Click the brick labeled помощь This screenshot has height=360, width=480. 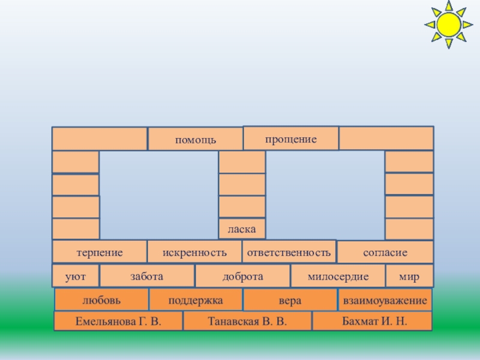(196, 139)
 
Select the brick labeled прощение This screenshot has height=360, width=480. (290, 138)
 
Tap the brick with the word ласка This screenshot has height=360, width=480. (242, 229)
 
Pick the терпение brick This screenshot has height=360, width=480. (100, 252)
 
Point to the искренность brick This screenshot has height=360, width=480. (194, 252)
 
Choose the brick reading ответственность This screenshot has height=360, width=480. (289, 252)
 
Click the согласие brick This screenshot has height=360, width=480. (385, 252)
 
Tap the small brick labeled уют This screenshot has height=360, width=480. (76, 276)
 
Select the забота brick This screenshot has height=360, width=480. (147, 276)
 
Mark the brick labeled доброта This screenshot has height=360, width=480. (242, 276)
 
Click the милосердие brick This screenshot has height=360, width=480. (338, 276)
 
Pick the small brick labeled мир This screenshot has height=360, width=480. (409, 276)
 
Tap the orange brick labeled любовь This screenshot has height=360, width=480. (101, 299)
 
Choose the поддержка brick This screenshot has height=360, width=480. (196, 299)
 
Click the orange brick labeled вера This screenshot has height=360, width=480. (290, 299)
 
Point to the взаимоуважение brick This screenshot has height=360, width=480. (385, 299)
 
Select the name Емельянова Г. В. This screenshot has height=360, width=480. (118, 322)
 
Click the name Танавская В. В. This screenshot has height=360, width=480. (247, 322)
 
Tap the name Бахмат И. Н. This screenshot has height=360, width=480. (373, 322)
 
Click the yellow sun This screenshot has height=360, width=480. (447, 24)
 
